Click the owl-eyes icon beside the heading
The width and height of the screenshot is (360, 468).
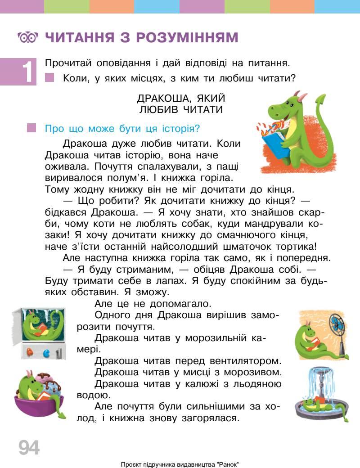coord(27,37)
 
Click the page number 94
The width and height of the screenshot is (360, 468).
coord(29,447)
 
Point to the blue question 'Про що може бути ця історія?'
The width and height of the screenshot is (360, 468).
coord(122,129)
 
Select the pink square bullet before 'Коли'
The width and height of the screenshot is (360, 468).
coord(50,78)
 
